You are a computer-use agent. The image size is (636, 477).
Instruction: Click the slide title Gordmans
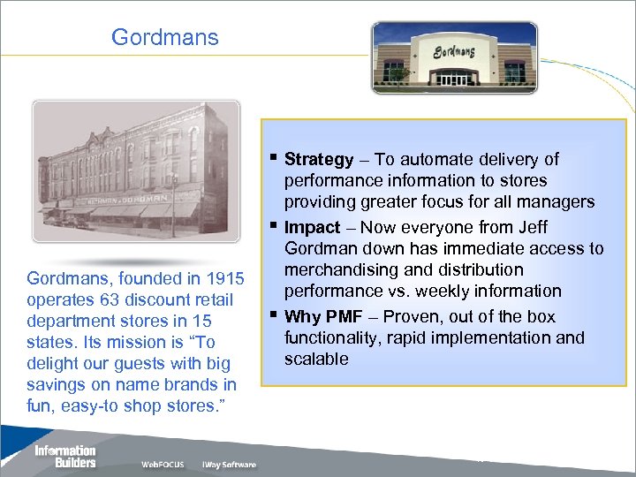(164, 38)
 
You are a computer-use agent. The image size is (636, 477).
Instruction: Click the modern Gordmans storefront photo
(453, 56)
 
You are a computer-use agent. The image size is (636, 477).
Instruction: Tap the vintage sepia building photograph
(136, 170)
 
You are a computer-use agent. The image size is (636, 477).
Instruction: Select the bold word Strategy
(319, 160)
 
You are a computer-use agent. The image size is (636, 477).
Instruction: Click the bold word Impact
(312, 228)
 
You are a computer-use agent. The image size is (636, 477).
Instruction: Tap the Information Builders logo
(64, 456)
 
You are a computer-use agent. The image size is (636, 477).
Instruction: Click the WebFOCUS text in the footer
(163, 465)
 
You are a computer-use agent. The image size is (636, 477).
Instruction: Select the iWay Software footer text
(229, 465)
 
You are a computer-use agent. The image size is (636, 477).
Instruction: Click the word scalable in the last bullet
(316, 359)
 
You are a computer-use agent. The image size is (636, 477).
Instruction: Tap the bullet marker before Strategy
(275, 158)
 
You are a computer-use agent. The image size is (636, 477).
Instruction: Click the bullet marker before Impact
(275, 226)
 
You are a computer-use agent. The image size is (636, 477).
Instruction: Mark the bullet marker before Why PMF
(275, 314)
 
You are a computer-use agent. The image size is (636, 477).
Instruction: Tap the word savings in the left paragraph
(58, 384)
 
